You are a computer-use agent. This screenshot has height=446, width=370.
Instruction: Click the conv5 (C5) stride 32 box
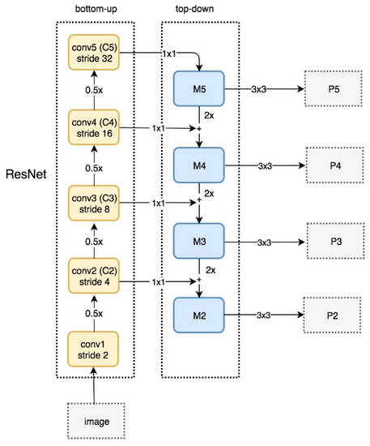(x=95, y=50)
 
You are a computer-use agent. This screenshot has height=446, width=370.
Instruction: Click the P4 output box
(x=334, y=165)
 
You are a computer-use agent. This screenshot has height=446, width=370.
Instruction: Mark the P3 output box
(x=334, y=241)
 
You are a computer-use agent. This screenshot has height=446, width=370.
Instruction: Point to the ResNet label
(x=27, y=174)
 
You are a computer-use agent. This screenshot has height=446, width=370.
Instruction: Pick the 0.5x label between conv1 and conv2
(x=95, y=313)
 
